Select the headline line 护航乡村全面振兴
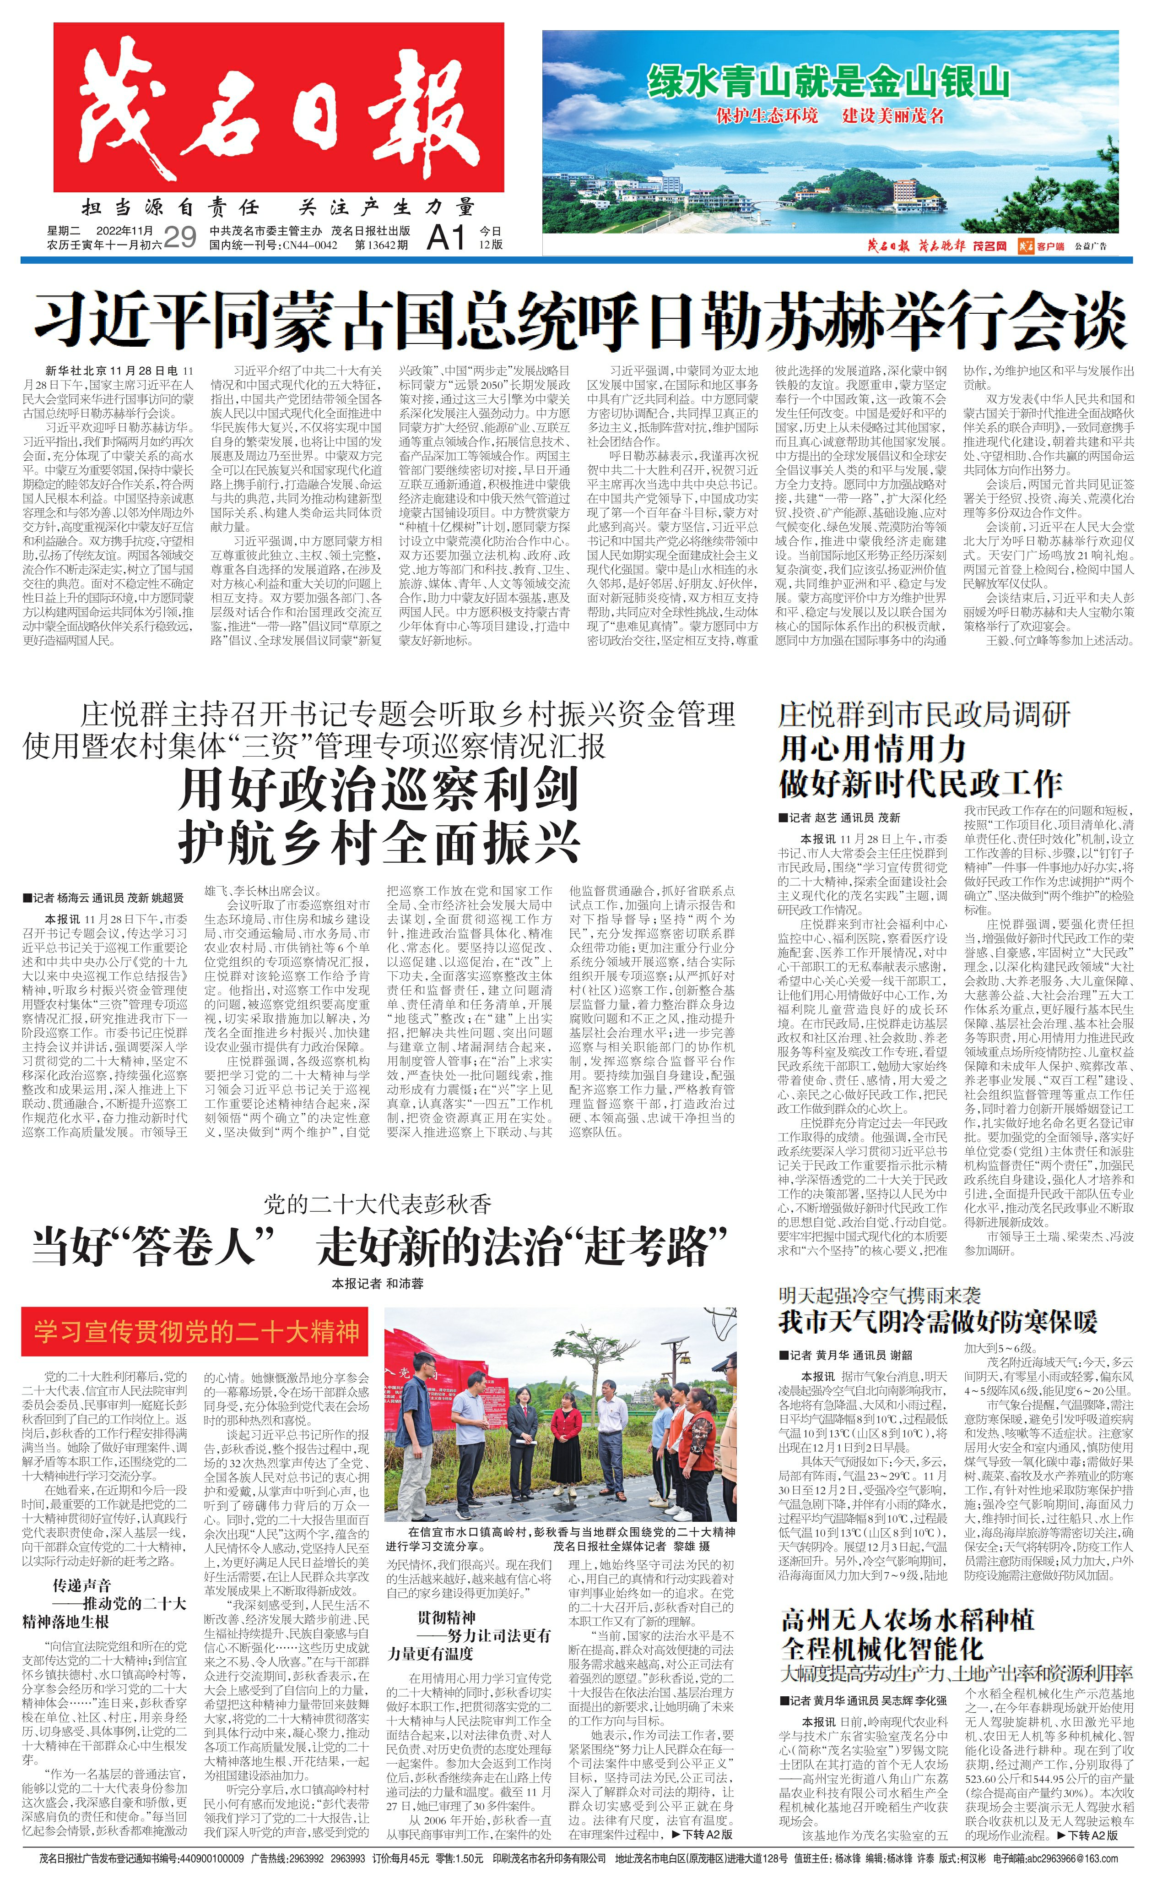click(378, 844)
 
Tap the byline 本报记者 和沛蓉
click(377, 1283)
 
